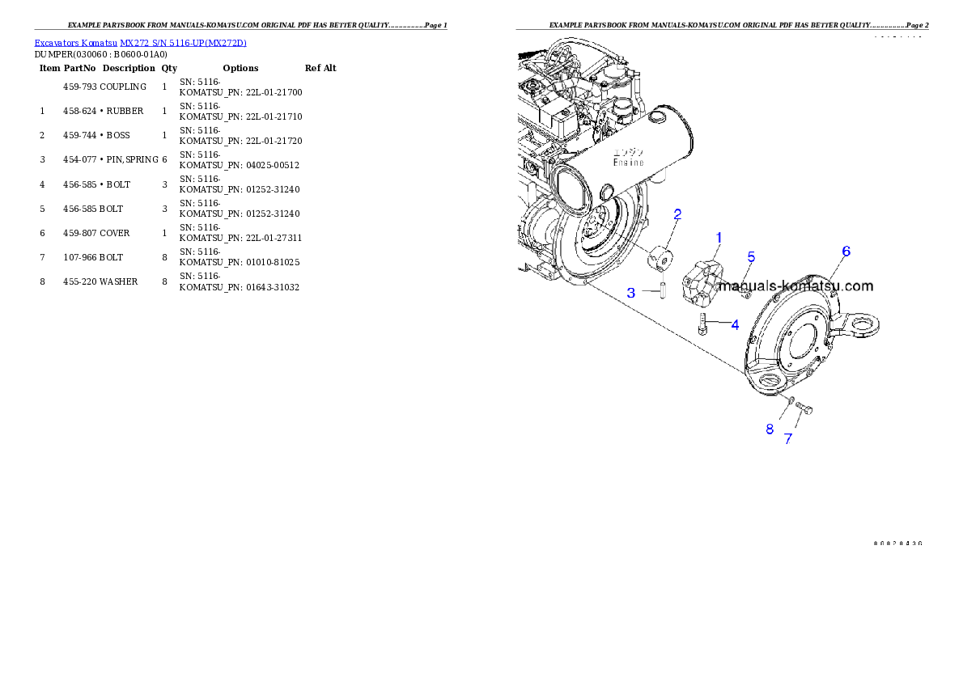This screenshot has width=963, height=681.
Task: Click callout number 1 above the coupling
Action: pos(718,237)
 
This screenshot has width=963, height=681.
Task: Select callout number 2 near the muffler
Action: pos(677,214)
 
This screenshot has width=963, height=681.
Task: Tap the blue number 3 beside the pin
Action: pos(630,293)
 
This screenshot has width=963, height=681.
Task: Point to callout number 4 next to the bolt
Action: pos(735,325)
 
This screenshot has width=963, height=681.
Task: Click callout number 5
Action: pos(751,257)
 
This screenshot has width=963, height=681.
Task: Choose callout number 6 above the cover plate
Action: pos(846,252)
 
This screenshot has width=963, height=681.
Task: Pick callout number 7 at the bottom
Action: pos(787,438)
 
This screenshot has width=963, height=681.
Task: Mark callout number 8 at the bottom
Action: pos(770,429)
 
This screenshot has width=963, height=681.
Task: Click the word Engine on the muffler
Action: pos(628,163)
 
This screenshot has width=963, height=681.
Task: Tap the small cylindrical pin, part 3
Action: pos(661,289)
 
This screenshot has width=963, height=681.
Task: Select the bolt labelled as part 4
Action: pos(703,325)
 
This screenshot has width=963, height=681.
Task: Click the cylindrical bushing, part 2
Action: pos(660,259)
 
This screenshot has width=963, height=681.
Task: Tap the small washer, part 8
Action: pos(791,400)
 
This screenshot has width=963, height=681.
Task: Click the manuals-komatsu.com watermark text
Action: pos(795,286)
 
